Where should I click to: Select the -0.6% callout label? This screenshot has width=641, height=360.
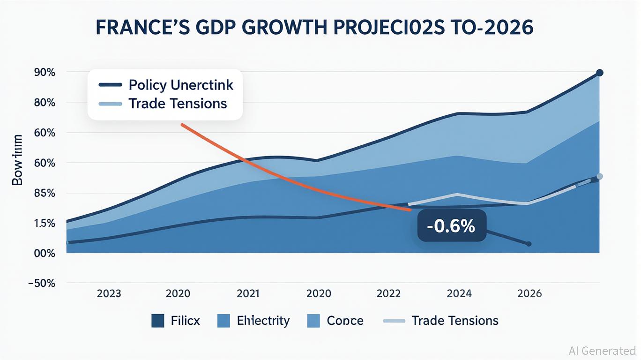(451, 226)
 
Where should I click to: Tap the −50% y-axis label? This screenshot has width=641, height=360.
(42, 283)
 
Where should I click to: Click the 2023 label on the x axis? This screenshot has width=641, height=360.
(109, 294)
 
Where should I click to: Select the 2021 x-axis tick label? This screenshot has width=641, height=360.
(248, 294)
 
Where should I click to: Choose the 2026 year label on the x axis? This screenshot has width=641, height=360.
(529, 294)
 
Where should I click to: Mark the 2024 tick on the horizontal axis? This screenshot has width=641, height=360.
(459, 294)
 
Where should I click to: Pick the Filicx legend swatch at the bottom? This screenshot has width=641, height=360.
(158, 321)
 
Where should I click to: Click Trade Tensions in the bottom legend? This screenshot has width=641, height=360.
(455, 321)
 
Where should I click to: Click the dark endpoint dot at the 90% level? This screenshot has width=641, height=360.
(599, 73)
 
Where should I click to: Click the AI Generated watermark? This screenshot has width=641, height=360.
(602, 351)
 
